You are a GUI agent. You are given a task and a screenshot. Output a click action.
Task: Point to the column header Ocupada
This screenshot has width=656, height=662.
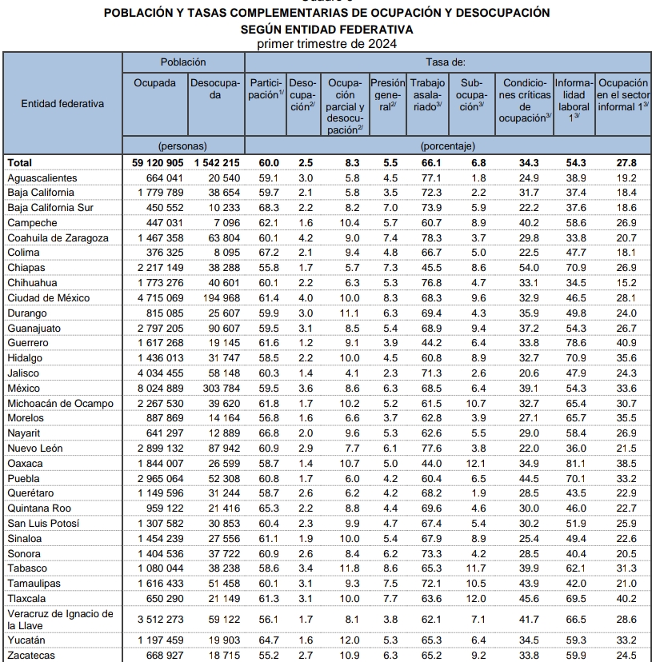point(154,83)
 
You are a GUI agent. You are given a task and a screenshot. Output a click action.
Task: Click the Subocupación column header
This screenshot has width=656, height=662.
point(472,94)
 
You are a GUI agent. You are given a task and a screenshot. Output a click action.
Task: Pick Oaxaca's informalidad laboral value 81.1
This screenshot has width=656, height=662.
point(574,463)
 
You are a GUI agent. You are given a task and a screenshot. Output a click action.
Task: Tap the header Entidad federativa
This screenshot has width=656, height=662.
point(62,103)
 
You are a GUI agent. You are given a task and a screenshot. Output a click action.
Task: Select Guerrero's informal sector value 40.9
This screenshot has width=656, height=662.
point(627,343)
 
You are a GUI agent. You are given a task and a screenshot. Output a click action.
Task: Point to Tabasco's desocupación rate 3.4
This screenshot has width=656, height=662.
point(306,568)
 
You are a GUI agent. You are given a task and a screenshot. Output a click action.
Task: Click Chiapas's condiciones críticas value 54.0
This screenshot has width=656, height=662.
point(524,268)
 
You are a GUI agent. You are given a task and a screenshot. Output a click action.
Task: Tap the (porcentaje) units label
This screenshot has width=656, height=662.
point(448,146)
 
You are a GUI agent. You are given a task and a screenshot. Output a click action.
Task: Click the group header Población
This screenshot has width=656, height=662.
point(183,62)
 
